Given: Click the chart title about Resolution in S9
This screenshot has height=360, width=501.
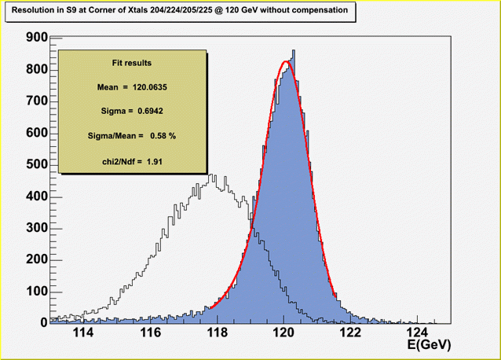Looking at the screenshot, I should tap(174, 12).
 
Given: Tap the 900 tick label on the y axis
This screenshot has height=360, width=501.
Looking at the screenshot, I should tap(36, 37).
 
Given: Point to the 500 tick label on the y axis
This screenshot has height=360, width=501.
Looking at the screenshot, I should tap(36, 164).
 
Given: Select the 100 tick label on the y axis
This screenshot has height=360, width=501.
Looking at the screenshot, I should tap(36, 292).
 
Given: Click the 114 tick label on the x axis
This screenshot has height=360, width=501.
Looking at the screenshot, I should tap(82, 333).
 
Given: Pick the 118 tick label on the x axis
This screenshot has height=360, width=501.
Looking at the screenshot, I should tap(217, 333).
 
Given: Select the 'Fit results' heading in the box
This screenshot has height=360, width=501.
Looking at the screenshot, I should tap(132, 62).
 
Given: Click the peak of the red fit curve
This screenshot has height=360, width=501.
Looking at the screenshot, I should tap(285, 61).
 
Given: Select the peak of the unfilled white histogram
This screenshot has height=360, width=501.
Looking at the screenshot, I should tap(211, 174).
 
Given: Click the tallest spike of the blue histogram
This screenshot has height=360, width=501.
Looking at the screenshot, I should tap(293, 51).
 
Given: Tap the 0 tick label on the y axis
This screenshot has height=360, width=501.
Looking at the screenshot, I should tap(44, 322).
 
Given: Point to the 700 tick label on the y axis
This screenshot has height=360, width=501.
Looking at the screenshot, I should tap(36, 101).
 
